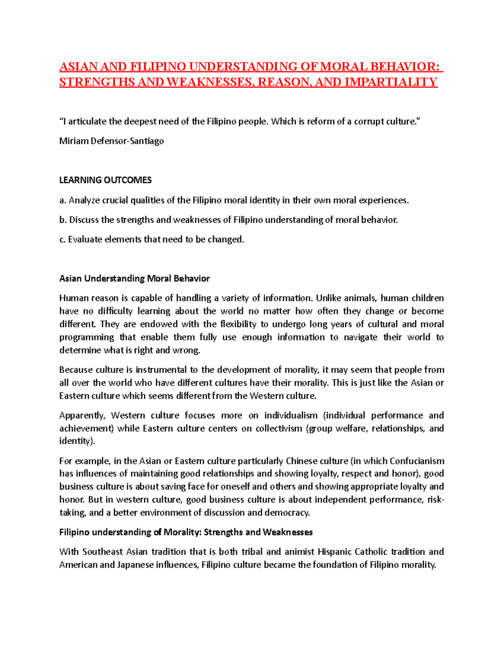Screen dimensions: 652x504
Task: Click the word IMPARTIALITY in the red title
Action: point(391,82)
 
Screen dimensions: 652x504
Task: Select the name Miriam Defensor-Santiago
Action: point(111,141)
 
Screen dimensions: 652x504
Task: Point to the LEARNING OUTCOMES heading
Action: point(105,180)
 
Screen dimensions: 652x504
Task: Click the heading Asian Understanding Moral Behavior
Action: point(134,278)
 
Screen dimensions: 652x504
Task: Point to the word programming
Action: point(87,337)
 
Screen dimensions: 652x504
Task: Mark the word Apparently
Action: point(82,416)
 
